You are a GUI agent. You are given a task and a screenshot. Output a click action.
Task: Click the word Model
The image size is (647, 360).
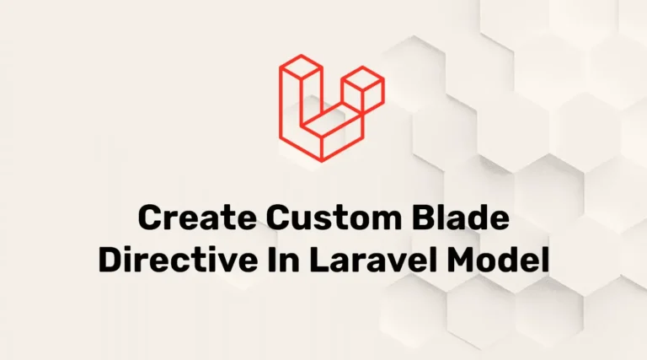pyautogui.click(x=500, y=259)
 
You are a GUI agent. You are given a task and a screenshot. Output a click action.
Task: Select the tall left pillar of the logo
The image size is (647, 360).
pyautogui.click(x=291, y=97)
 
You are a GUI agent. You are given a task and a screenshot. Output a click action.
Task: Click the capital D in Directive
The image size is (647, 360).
pyautogui.click(x=110, y=259)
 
